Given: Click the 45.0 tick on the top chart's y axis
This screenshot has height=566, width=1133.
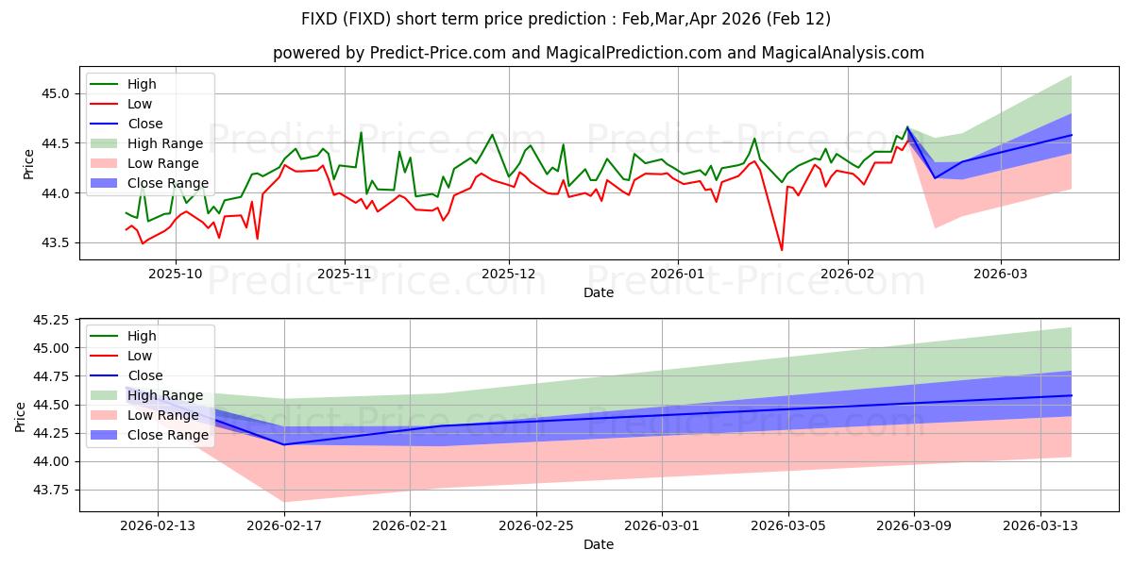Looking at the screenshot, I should click(x=59, y=93).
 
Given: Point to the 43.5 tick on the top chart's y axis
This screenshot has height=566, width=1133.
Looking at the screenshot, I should click(x=59, y=242).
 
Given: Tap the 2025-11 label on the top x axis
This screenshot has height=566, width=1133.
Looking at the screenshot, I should click(x=345, y=274).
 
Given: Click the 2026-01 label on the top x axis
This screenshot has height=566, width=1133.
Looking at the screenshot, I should click(x=677, y=274).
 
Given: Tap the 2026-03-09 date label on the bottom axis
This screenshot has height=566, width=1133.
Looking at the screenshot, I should click(x=914, y=524).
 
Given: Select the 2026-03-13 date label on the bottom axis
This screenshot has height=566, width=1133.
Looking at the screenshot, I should click(x=1040, y=524).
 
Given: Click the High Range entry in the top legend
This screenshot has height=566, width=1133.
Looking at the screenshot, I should click(x=165, y=143).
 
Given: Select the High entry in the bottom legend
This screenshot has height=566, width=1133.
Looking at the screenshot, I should click(x=143, y=336).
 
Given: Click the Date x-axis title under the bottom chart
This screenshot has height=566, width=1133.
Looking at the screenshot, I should click(x=599, y=544).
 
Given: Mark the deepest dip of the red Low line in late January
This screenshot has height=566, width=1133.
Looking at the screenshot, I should click(x=781, y=250).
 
